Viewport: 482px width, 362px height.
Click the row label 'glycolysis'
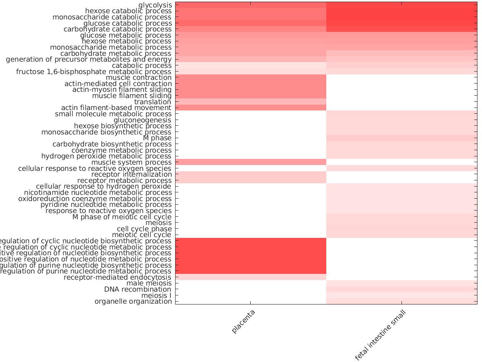(x=155, y=5)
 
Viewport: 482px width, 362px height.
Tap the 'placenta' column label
(x=243, y=321)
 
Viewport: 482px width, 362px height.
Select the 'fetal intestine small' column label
(x=380, y=335)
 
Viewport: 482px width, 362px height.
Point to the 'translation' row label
(x=152, y=102)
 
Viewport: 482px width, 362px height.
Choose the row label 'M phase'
(x=157, y=138)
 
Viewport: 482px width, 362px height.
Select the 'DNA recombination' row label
(x=138, y=289)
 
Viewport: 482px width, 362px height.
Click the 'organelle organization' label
(x=133, y=301)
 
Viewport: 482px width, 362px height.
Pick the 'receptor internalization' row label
(x=131, y=174)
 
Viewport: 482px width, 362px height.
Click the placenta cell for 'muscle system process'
(x=251, y=162)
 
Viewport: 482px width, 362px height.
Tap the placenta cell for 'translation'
(x=251, y=102)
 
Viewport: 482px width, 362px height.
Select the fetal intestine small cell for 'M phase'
(x=401, y=138)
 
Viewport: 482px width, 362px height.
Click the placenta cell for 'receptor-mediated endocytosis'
(x=251, y=277)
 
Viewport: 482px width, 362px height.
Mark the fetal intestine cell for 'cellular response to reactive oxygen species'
(x=401, y=168)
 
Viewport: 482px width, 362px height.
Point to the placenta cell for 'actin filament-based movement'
(x=251, y=108)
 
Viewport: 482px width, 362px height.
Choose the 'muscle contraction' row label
(x=138, y=77)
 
